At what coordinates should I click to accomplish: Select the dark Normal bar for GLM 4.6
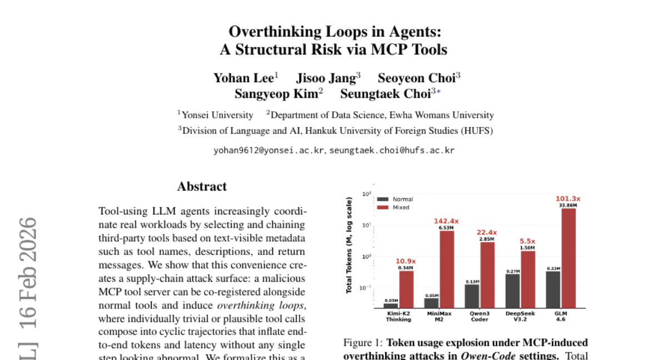(553, 289)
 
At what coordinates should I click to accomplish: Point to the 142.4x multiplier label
(447, 221)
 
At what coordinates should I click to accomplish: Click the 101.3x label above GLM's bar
(568, 199)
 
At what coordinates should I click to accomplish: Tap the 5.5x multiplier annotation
(527, 241)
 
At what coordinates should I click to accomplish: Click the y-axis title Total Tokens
(350, 245)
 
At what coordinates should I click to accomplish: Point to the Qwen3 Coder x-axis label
(480, 317)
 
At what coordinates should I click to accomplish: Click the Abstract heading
(202, 187)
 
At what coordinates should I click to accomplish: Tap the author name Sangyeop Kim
(276, 93)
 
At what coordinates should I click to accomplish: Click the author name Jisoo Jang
(326, 78)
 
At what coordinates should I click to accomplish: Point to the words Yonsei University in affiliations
(217, 115)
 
